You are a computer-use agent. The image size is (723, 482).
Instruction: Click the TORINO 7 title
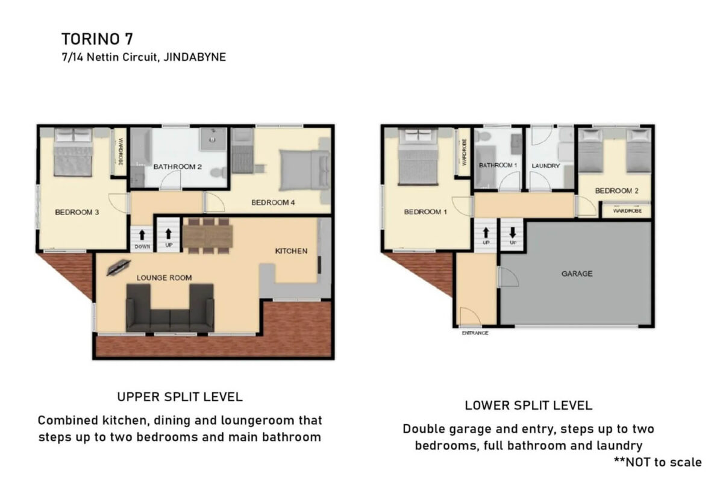97,39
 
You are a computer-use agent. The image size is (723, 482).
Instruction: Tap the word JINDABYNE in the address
195,57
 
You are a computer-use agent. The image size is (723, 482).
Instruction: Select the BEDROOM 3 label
77,212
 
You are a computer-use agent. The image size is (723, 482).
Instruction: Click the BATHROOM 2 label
178,166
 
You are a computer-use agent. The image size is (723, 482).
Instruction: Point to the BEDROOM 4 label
273,202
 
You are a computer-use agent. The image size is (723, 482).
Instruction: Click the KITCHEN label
291,251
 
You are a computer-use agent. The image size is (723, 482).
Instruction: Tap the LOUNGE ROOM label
164,278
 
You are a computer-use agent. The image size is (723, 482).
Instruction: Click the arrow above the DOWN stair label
142,235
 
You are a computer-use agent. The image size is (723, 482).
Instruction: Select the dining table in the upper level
208,236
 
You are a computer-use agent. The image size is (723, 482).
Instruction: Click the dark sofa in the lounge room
170,308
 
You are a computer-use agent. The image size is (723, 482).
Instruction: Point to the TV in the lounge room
119,268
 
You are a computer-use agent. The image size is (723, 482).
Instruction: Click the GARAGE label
577,274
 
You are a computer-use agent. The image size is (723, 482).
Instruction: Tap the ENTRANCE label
475,333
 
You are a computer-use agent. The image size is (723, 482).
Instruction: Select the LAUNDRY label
545,166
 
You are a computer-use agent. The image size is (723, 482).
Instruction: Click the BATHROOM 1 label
498,165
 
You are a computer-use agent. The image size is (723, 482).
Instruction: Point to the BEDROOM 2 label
616,191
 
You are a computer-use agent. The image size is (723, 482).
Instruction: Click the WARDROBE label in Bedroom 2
627,211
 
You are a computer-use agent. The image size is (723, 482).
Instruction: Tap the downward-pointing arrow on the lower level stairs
513,233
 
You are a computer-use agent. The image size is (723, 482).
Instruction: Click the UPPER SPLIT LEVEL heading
180,397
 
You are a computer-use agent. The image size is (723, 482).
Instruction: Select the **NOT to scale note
657,462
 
